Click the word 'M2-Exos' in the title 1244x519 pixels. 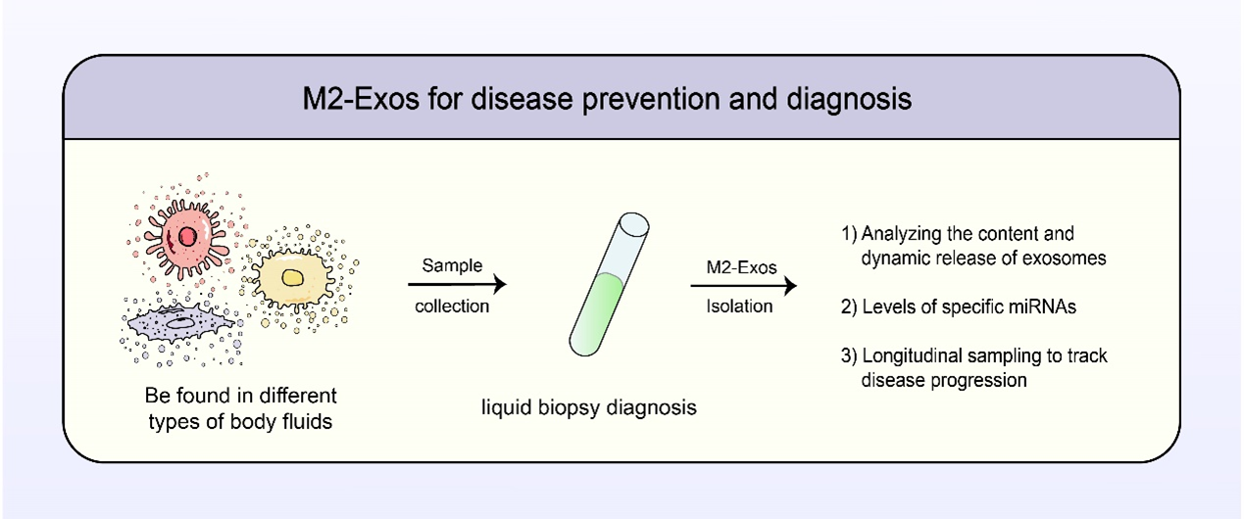361,99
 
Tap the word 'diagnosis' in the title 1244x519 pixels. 849,100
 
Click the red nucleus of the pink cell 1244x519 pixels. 187,237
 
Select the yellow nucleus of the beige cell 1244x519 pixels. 293,277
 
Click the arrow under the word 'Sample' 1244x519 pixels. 457,284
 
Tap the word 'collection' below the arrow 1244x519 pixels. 452,307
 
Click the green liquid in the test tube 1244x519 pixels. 596,313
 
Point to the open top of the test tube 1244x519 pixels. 633,224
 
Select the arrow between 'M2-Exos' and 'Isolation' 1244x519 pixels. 744,286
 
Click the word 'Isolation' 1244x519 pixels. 739,307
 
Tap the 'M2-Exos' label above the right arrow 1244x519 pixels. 741,267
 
